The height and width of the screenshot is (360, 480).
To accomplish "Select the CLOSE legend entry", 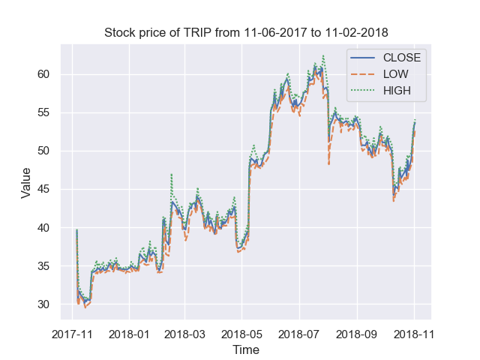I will (401, 58).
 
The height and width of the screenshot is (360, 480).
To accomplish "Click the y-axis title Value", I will (26, 182).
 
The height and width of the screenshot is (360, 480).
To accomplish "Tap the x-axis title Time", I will (245, 349).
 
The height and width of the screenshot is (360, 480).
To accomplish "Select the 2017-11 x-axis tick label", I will (72, 332).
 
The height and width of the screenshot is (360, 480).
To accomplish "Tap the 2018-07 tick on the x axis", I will (299, 332).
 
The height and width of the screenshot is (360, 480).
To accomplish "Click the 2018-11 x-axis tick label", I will (415, 332).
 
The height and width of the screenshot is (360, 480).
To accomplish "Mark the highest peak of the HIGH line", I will (323, 55).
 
